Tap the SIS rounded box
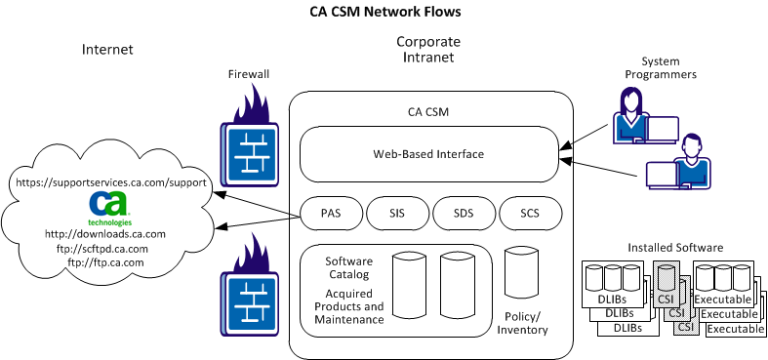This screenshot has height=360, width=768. (x=396, y=213)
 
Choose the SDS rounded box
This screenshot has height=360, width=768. (x=463, y=213)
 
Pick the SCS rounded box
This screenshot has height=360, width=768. (x=530, y=213)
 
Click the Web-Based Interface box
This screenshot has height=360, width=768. (x=428, y=154)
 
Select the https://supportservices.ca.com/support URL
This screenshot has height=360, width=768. (x=109, y=182)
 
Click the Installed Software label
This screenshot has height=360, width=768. (x=676, y=248)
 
